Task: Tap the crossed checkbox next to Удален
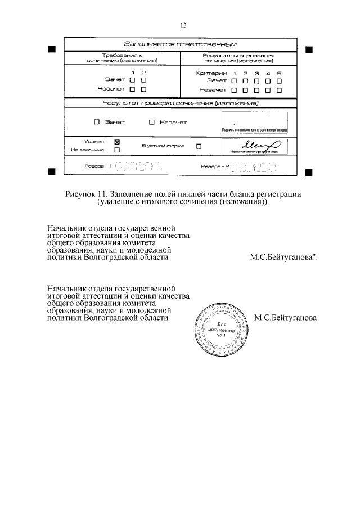(x=117, y=142)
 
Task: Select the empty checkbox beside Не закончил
(x=117, y=150)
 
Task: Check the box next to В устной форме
(x=199, y=146)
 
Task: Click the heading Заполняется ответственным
(x=180, y=44)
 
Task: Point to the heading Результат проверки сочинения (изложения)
(x=180, y=103)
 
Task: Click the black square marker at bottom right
(x=308, y=170)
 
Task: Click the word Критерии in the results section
(x=211, y=73)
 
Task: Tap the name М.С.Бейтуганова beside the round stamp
(x=285, y=318)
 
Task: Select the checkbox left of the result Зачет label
(x=97, y=122)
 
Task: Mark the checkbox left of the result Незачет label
(x=152, y=122)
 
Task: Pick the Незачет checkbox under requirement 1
(x=133, y=89)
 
